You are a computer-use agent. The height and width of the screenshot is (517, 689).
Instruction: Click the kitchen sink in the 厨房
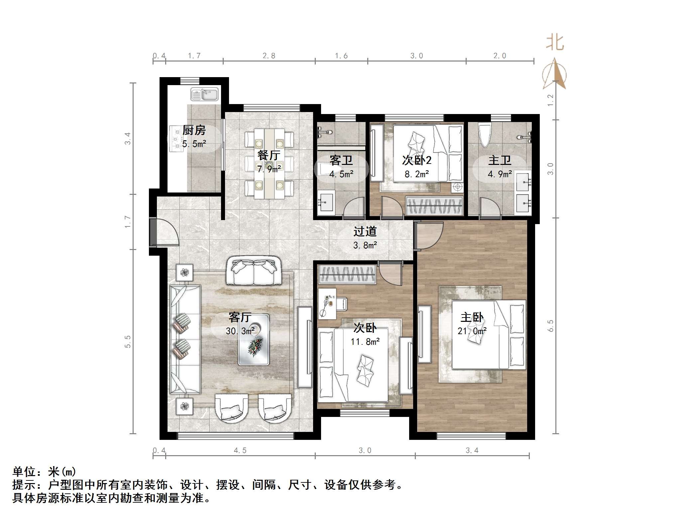(204, 94)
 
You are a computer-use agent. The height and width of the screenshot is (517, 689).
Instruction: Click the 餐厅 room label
(269, 155)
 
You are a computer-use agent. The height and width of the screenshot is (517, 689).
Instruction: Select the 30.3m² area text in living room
(240, 331)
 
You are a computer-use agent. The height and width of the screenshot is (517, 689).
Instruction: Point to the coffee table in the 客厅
(254, 339)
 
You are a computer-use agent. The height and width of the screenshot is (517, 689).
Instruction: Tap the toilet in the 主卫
(484, 135)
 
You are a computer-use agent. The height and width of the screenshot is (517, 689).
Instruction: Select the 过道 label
(365, 231)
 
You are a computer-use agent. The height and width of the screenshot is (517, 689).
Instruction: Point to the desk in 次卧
(327, 303)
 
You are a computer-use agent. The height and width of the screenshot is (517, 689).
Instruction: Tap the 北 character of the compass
(555, 43)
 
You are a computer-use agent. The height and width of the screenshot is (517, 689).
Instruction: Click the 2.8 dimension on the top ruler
(269, 56)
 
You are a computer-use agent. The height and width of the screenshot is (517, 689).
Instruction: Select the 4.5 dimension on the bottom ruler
(240, 451)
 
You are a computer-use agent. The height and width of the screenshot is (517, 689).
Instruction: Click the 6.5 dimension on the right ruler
(550, 326)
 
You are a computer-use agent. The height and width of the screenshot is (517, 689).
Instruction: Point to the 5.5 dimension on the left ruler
(128, 341)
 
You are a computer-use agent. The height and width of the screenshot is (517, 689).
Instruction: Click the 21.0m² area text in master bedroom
(472, 331)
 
